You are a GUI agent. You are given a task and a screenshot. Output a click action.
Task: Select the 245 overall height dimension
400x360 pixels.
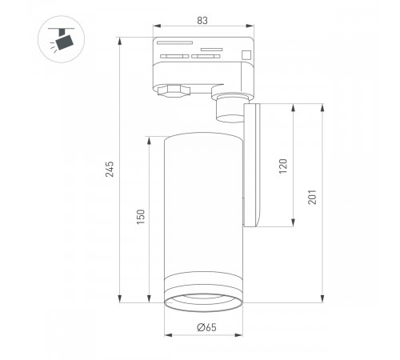pos(110,170)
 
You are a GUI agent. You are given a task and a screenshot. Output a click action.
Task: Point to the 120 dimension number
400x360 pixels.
pos(282,166)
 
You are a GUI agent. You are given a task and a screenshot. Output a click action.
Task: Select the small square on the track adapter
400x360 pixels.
pos(246,55)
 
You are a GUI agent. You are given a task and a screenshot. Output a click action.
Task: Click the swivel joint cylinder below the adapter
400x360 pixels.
pos(229,109)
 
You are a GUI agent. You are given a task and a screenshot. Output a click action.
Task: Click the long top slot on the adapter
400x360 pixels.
pos(174,40)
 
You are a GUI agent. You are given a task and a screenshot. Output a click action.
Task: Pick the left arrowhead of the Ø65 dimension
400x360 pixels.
pos(166,334)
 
